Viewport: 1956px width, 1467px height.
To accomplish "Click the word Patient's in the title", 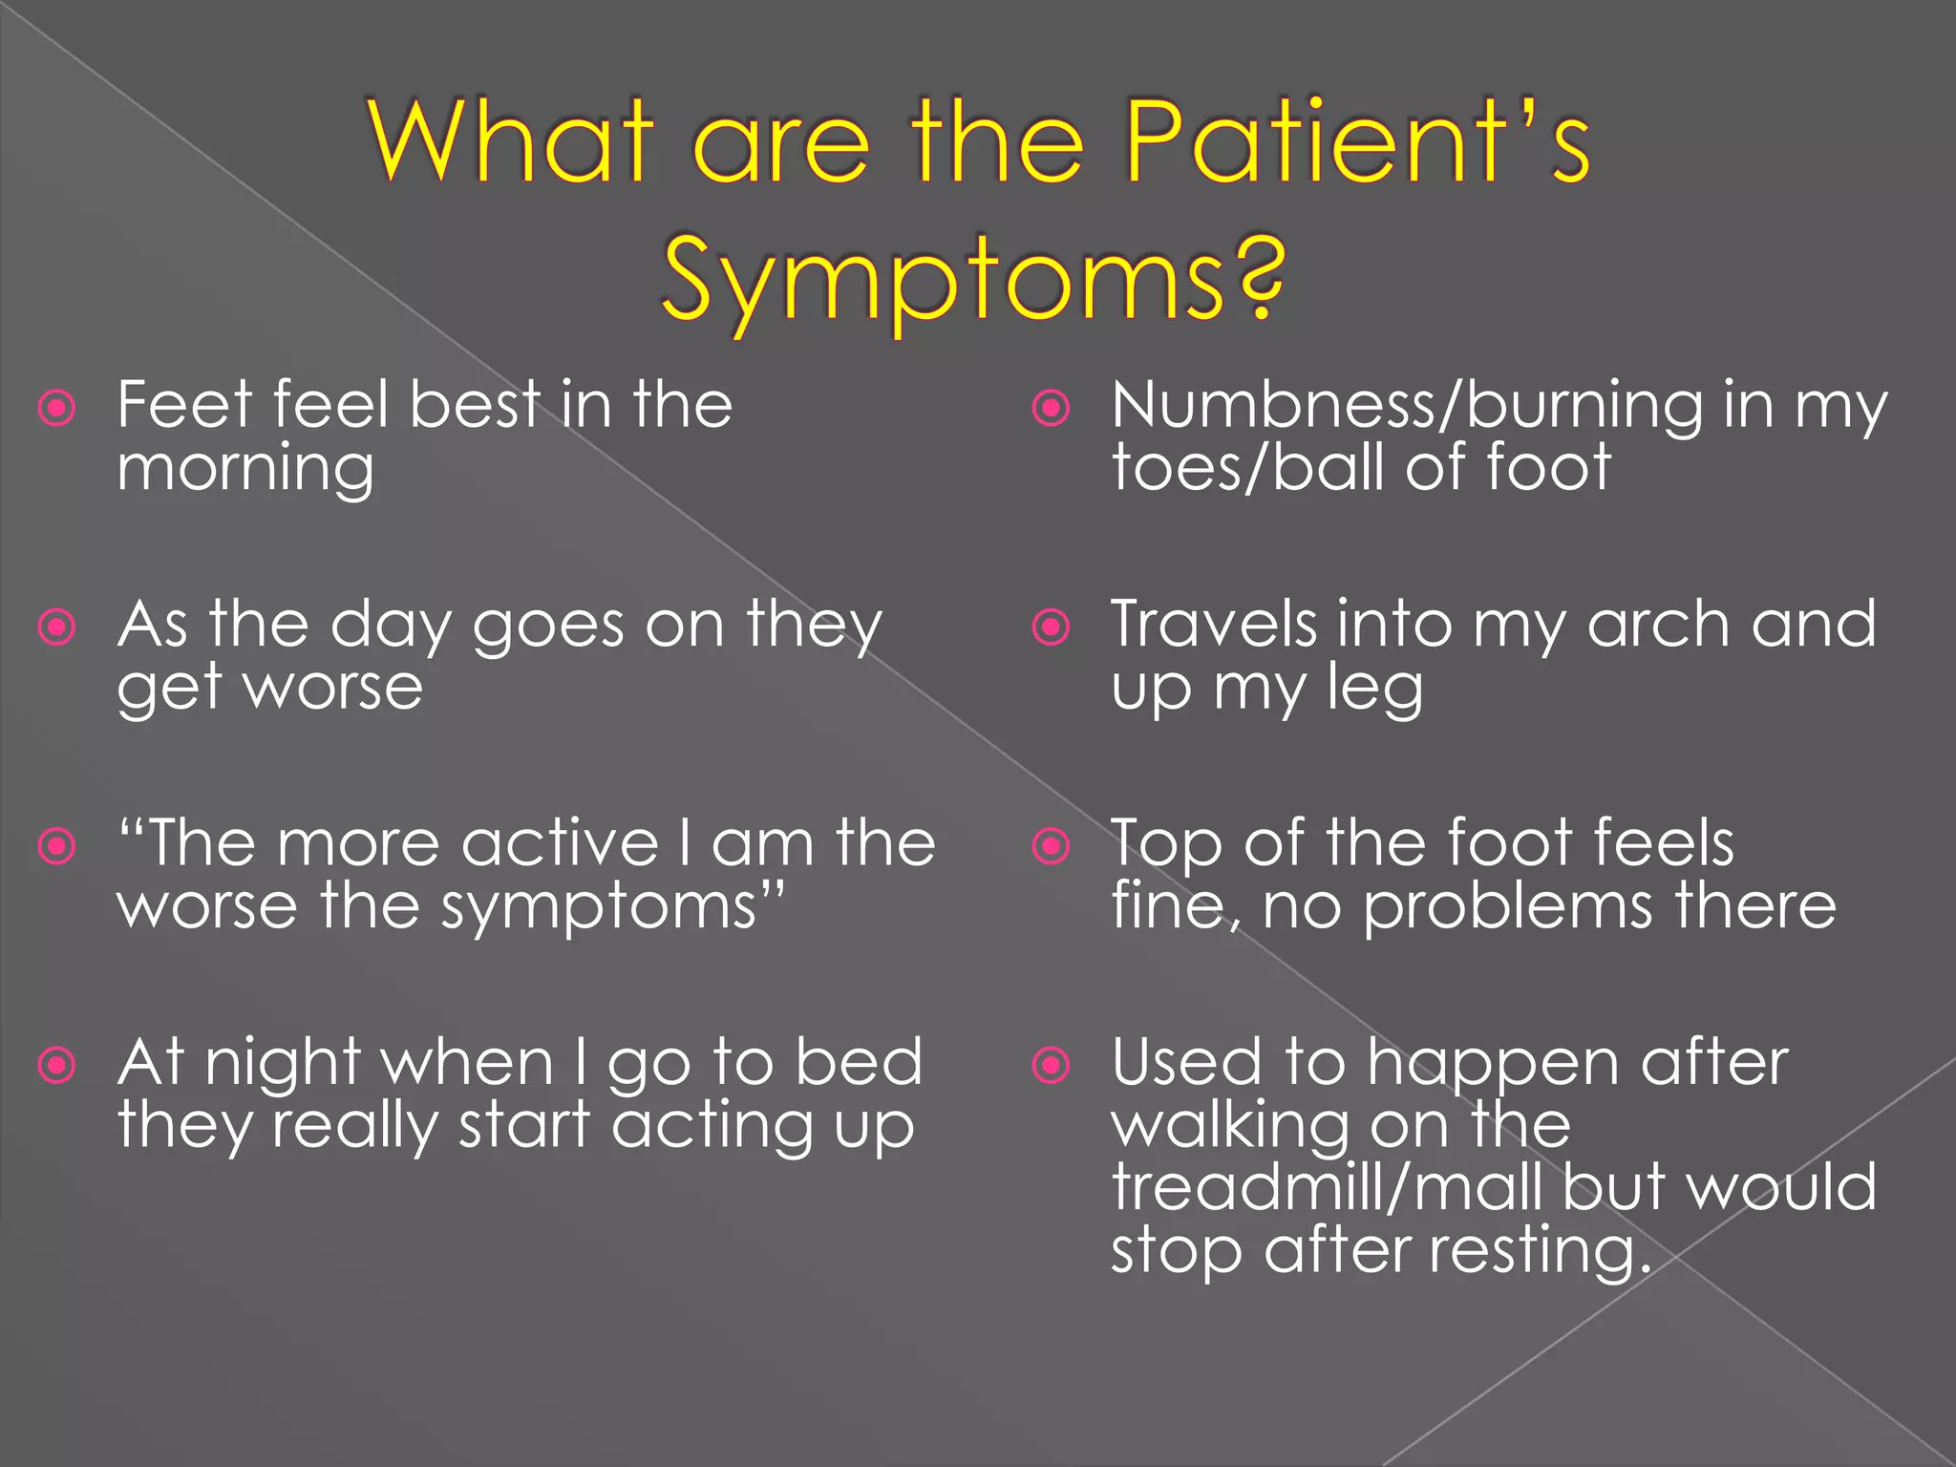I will coord(1357,143).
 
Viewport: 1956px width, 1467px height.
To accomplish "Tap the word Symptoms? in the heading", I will coord(973,278).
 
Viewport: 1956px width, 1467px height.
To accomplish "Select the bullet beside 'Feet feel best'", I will coord(57,409).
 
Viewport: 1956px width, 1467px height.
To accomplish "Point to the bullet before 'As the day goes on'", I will coord(57,627).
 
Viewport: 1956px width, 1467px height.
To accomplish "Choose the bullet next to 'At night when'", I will coord(57,1064).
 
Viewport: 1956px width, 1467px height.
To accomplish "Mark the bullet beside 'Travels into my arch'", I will coord(1052,627).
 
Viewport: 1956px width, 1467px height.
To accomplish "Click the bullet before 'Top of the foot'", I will coord(1052,845).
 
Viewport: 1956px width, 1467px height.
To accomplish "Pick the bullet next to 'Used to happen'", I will coord(1052,1064).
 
